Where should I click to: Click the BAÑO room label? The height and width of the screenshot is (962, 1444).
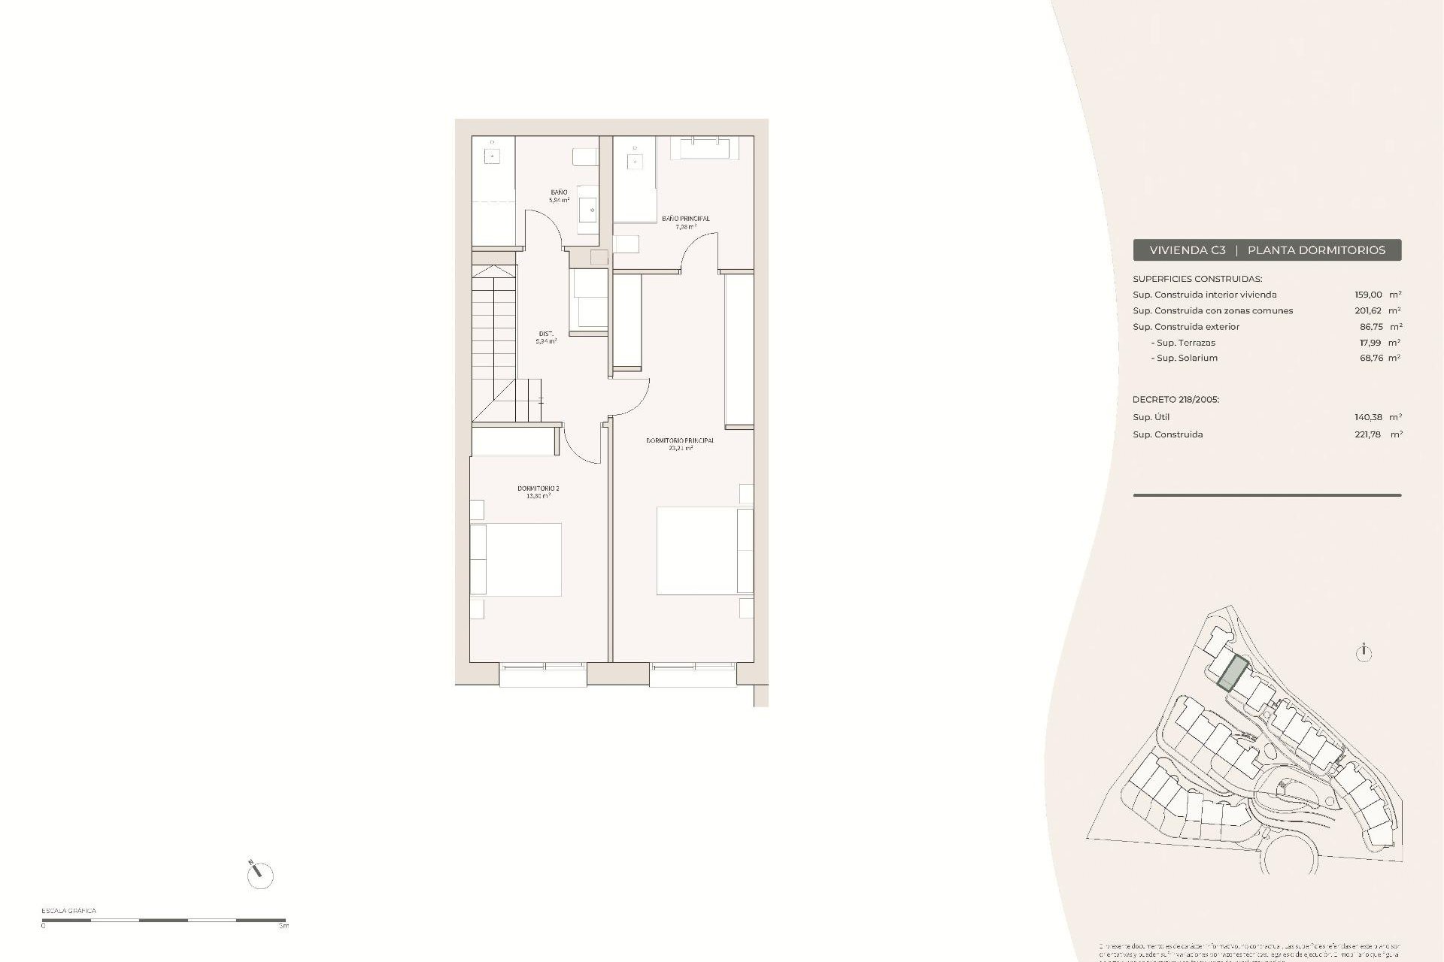[559, 193]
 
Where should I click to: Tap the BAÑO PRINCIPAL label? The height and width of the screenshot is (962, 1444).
[685, 219]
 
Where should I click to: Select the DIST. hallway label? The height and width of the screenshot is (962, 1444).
[546, 334]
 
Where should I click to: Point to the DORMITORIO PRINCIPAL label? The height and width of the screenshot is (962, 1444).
[680, 440]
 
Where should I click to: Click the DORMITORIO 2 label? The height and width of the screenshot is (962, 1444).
[538, 489]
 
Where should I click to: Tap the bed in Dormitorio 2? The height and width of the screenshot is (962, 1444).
[516, 560]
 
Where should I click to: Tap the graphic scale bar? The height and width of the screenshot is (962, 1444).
[164, 920]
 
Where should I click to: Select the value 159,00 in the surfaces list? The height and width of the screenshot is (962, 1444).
[1368, 295]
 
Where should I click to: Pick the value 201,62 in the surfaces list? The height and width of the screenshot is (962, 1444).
[1368, 310]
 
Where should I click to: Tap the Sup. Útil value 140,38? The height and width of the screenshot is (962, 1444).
[1369, 417]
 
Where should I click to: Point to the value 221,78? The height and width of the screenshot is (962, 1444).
[1369, 434]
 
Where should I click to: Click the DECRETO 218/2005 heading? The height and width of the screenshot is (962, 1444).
[1176, 400]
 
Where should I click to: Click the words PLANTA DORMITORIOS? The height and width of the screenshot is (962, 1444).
[1316, 250]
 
